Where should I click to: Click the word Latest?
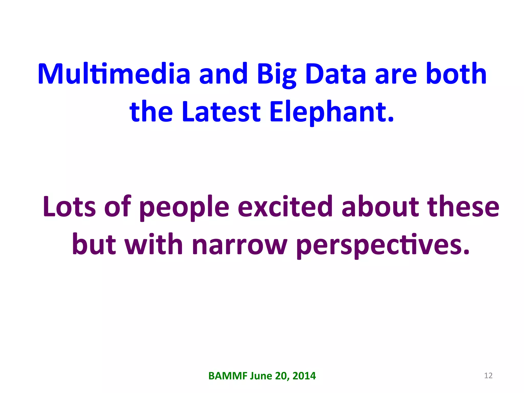pos(221,111)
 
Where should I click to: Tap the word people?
pos(184,207)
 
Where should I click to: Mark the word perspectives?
pos(383,245)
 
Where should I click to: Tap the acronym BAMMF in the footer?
pos(228,376)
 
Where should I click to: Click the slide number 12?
pos(488,376)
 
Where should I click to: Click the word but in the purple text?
pos(94,244)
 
